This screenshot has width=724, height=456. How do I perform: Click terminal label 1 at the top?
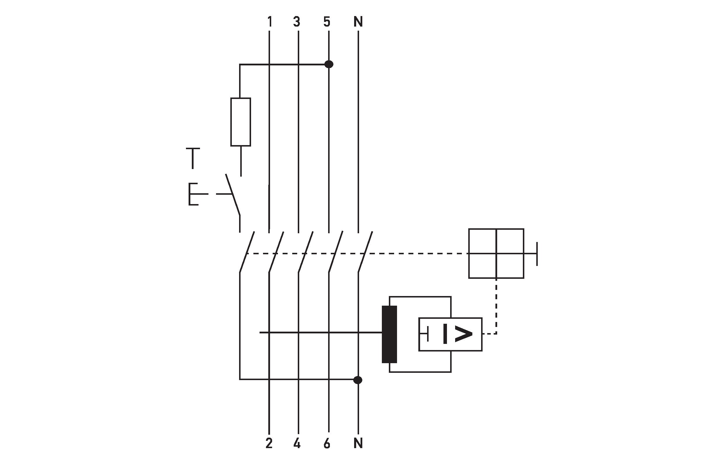pos(270,22)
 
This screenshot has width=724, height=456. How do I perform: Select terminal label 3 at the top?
pos(297,22)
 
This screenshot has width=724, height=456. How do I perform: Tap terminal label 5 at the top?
pos(327,22)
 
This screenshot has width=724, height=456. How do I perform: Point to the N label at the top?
pos(358,22)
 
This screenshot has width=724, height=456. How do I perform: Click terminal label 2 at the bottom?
pos(269,443)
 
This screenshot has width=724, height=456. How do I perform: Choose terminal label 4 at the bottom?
pos(297,443)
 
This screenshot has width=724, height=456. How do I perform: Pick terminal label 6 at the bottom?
pos(327,443)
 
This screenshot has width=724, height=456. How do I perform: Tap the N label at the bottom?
pos(358,443)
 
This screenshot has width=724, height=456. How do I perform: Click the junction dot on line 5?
pos(329,64)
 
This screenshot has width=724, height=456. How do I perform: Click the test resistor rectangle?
pos(241,122)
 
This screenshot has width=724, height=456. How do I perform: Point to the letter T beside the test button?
pos(193,158)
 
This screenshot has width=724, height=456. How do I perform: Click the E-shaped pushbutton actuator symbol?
pos(194,194)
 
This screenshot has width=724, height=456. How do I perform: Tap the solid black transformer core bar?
pos(389,334)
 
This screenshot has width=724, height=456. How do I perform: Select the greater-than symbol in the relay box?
pos(463,334)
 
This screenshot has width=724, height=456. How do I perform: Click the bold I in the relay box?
pos(445,334)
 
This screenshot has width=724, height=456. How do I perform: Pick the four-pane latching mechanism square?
pos(496,253)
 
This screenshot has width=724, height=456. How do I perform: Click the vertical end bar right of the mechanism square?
pos(537,254)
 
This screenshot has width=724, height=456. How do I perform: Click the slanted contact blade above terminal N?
pos(365,252)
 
